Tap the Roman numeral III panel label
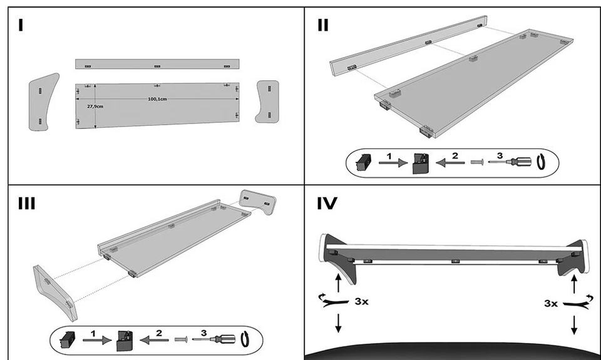click(27, 204)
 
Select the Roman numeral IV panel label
click(327, 204)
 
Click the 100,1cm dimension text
click(157, 99)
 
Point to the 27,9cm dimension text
click(95, 106)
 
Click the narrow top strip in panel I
click(157, 64)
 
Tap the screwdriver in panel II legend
click(510, 162)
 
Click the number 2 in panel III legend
click(158, 333)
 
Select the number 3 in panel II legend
click(499, 155)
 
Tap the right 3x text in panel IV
click(551, 303)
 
